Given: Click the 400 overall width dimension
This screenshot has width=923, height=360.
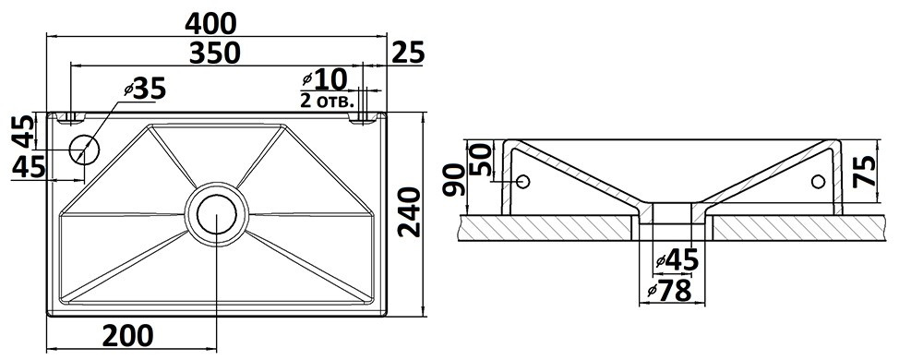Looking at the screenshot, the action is click(210, 23).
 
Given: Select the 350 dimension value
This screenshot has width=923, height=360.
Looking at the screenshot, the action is click(215, 53).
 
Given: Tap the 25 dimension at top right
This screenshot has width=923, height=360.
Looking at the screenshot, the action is click(408, 53).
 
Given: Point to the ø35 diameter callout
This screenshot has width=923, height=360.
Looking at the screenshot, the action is click(146, 89).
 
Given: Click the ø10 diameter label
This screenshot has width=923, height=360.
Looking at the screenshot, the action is click(324, 78).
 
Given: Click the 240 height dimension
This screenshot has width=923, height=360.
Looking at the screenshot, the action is click(410, 211).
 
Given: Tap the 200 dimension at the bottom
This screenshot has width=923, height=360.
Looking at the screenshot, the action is click(127, 336).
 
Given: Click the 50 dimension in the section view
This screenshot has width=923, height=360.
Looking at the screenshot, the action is click(481, 160).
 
